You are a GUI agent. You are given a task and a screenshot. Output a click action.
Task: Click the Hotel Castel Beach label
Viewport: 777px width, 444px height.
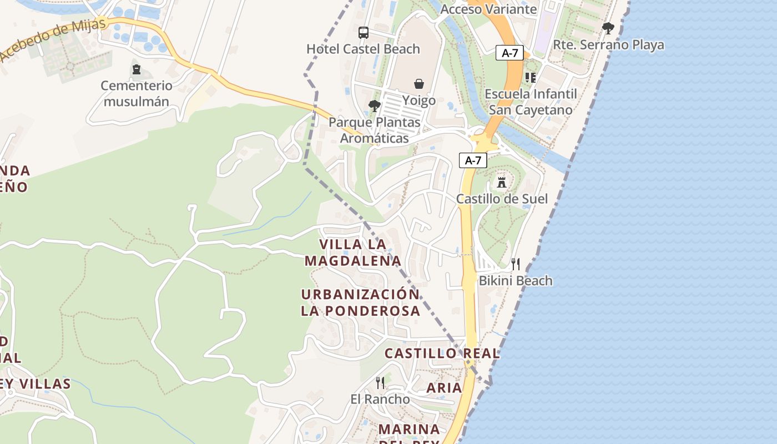click(x=363, y=49)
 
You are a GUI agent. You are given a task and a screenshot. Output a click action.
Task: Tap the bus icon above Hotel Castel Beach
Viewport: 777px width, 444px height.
click(x=364, y=33)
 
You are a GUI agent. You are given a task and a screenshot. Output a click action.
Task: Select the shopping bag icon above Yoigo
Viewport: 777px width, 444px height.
click(x=419, y=84)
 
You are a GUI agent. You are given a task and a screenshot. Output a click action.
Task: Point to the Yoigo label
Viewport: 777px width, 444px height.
click(x=419, y=100)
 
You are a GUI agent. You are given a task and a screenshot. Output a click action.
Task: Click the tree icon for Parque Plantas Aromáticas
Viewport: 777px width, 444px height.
click(x=374, y=105)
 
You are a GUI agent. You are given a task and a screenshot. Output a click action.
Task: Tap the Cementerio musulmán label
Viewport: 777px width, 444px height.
click(x=137, y=94)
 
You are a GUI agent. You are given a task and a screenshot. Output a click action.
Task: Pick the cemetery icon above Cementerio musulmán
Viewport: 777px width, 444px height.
click(x=137, y=69)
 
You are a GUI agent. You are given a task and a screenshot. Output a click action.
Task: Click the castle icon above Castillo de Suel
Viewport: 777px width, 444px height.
click(x=502, y=182)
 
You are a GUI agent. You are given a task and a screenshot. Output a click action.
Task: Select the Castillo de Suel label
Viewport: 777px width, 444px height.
click(x=502, y=199)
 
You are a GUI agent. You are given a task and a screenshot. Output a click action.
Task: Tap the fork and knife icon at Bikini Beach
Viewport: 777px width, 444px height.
click(x=516, y=264)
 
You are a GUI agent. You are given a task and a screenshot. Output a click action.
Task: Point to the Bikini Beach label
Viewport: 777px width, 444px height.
click(x=516, y=280)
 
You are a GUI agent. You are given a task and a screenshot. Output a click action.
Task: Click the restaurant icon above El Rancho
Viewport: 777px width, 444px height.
click(x=380, y=382)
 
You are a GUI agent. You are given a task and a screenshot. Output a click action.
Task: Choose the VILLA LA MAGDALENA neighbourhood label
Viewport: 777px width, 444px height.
click(x=353, y=253)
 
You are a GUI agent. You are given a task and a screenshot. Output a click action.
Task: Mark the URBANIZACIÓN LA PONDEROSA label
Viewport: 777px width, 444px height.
click(x=360, y=302)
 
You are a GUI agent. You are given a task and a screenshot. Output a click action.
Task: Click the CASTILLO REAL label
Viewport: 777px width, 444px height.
click(x=442, y=353)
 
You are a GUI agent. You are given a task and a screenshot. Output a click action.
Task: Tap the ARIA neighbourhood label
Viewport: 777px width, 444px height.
click(x=444, y=387)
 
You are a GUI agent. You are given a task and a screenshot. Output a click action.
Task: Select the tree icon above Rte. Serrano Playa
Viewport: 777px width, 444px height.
click(x=608, y=28)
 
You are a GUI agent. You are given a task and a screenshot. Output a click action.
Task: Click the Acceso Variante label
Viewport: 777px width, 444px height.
click(x=488, y=9)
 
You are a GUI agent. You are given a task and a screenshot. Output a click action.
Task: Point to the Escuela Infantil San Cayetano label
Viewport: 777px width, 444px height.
click(x=531, y=102)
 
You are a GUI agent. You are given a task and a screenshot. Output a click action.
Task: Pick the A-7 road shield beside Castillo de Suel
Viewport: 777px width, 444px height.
click(x=473, y=160)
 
